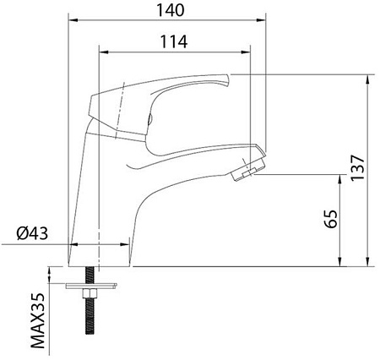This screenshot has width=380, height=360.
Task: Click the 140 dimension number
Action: (x=171, y=10)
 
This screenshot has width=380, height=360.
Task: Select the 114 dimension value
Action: (x=174, y=42)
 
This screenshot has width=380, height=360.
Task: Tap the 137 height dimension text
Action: (x=358, y=167)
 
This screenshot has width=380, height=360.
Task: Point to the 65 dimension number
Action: (x=330, y=219)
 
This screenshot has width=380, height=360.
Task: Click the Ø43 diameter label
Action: (x=32, y=233)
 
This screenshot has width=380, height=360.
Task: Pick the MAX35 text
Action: (x=37, y=320)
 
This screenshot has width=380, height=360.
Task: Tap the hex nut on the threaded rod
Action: (x=90, y=294)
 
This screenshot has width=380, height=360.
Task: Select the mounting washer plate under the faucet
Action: (x=91, y=286)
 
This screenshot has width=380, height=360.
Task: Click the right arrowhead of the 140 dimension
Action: (x=262, y=20)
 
